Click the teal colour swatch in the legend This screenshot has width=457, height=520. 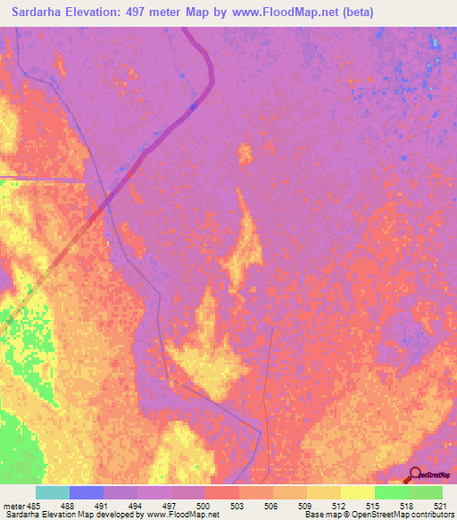click(x=53, y=492)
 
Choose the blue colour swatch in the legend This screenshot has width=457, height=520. click(x=87, y=492)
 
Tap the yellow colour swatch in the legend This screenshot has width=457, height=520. click(x=358, y=492)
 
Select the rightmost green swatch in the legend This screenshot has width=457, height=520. click(x=426, y=492)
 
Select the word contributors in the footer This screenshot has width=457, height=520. click(x=430, y=515)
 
